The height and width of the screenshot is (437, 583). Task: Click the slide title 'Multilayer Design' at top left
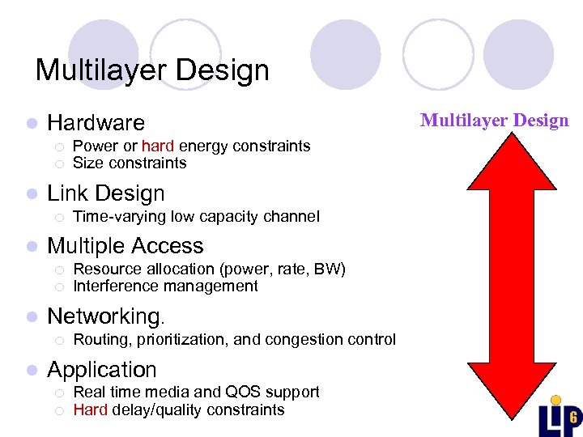(x=152, y=70)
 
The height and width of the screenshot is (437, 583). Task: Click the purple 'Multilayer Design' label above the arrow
(x=494, y=121)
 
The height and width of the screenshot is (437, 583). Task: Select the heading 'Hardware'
(x=96, y=123)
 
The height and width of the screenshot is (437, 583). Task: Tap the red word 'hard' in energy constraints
(x=158, y=146)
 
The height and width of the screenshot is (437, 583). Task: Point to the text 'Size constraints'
(x=130, y=163)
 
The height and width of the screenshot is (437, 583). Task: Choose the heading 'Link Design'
(x=105, y=194)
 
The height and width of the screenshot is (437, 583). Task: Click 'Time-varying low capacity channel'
(x=196, y=217)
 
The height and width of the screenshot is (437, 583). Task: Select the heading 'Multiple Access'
(x=126, y=246)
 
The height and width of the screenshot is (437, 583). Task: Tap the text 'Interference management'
(x=165, y=286)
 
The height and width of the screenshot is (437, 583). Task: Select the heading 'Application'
(x=102, y=370)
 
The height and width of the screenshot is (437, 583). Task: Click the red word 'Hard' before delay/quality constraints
(x=90, y=409)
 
